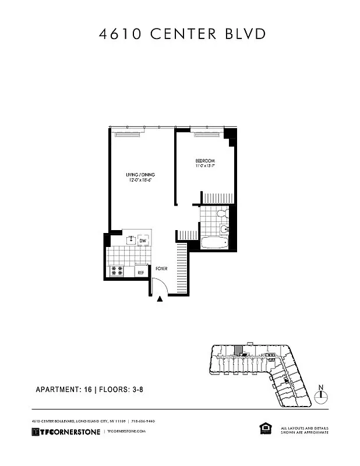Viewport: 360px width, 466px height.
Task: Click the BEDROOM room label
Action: (x=205, y=161)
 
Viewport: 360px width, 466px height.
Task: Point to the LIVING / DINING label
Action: (x=140, y=175)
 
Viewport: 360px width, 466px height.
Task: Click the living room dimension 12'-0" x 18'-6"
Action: (x=140, y=181)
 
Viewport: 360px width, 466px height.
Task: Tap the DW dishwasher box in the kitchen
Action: (x=142, y=239)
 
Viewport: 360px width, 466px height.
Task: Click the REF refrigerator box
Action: (x=140, y=271)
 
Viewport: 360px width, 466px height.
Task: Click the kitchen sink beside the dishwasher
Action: (x=131, y=239)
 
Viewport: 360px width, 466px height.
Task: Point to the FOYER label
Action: (x=161, y=269)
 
